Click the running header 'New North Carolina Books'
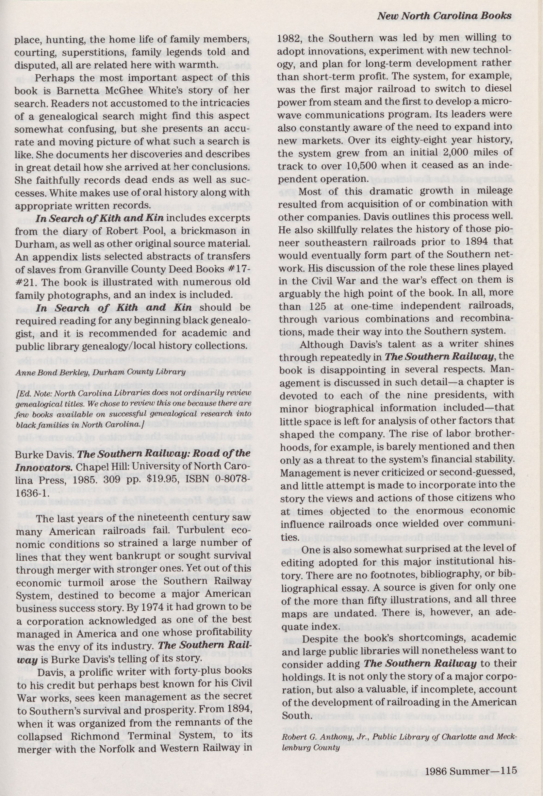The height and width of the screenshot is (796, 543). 444,15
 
